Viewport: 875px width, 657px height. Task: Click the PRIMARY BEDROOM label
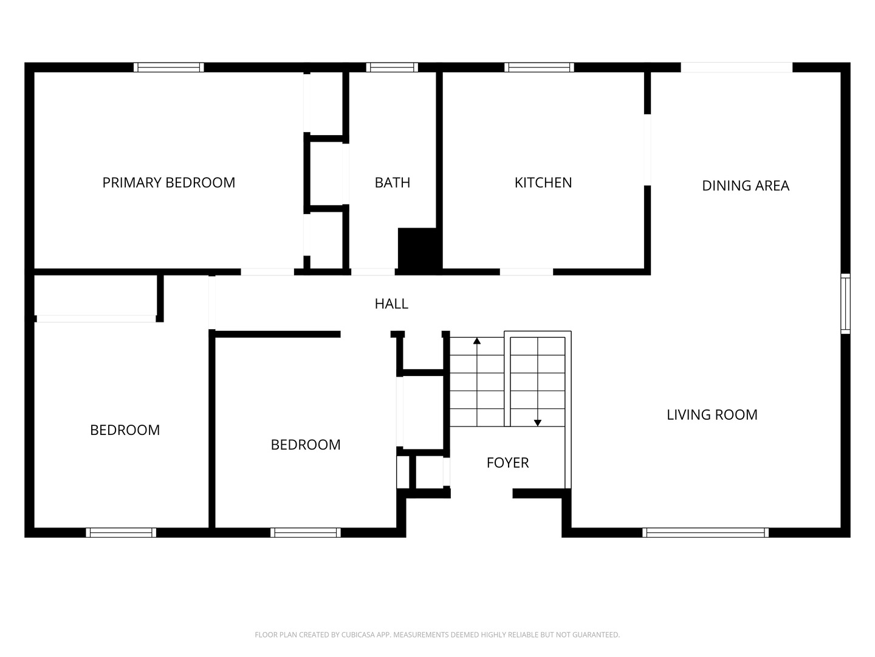pos(169,182)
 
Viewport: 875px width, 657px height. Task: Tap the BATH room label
pos(393,182)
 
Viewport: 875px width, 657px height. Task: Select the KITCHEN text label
pos(543,182)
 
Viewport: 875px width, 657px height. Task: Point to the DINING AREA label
pos(746,186)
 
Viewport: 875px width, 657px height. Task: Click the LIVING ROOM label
pos(712,415)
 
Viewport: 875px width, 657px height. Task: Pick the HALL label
pos(391,304)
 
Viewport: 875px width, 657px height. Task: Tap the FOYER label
pos(507,463)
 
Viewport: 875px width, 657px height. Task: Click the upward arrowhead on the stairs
pos(477,341)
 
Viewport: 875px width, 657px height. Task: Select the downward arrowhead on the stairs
pos(537,423)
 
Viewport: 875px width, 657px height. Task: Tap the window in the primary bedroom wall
pos(169,67)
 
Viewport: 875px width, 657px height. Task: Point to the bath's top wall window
pos(392,67)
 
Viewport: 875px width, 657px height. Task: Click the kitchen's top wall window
pos(539,67)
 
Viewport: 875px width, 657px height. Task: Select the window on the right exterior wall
pos(845,304)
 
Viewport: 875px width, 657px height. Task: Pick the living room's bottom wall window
pos(705,532)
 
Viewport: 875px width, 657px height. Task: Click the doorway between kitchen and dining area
pos(647,150)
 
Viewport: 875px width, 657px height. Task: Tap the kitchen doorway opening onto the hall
pos(526,272)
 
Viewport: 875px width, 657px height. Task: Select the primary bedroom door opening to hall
pos(267,272)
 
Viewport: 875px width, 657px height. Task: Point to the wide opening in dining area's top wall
pos(736,67)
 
